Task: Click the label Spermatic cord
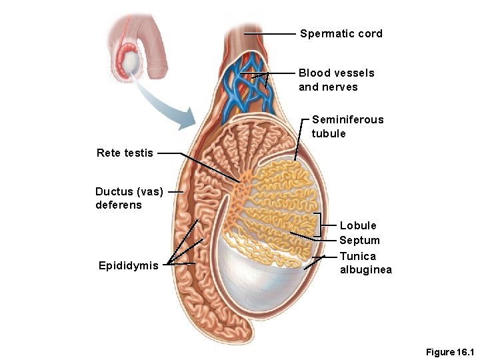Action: (x=341, y=33)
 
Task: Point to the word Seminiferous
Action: (x=347, y=119)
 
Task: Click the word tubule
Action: (x=329, y=133)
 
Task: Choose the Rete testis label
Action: (x=125, y=153)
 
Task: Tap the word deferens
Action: (x=119, y=205)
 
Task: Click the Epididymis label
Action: (x=129, y=266)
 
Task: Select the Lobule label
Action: (x=358, y=225)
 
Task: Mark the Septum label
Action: (x=359, y=240)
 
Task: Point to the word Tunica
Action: (x=358, y=256)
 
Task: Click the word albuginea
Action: (x=366, y=269)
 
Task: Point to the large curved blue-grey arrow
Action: (x=167, y=107)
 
